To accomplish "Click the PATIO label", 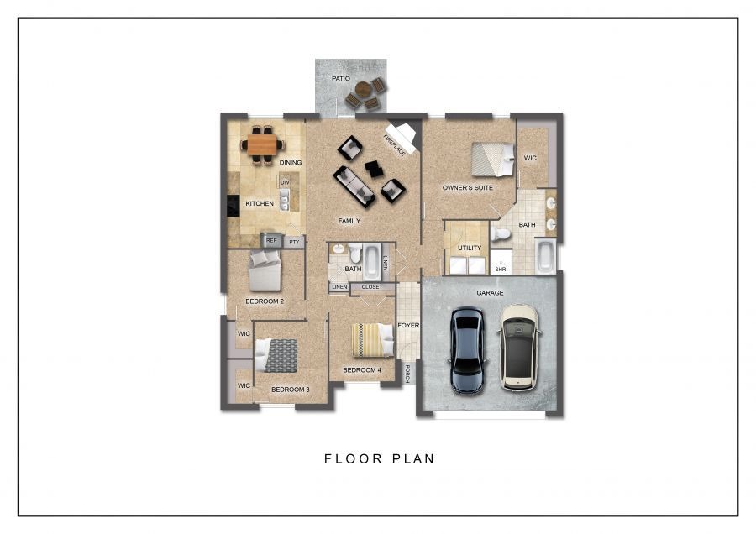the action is click(x=341, y=79).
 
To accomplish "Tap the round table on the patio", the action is click(x=363, y=89).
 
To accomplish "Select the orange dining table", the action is click(x=262, y=144).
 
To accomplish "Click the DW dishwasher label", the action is click(x=285, y=183).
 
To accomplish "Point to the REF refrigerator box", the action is click(x=271, y=240).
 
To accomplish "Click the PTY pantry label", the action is click(x=294, y=242).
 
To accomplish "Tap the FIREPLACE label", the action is click(x=395, y=144).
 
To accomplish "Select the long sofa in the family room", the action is click(x=354, y=186).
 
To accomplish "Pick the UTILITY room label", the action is click(x=470, y=248).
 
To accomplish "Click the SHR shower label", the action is click(x=501, y=270).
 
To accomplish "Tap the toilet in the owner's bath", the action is click(x=501, y=234).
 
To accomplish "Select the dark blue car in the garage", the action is click(x=467, y=350).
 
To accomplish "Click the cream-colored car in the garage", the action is click(x=518, y=348).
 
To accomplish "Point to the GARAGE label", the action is click(x=490, y=292).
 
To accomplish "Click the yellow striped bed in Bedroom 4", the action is click(x=373, y=340).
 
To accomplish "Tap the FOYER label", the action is click(x=408, y=325).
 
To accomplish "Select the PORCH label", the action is click(x=407, y=374).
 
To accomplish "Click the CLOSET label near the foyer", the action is click(x=372, y=287).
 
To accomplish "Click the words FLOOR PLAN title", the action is click(x=380, y=458).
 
